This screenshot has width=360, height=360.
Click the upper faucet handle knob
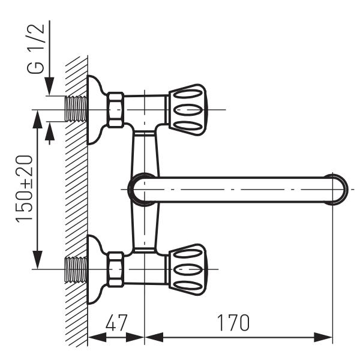188,109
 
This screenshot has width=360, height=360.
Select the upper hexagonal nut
115,110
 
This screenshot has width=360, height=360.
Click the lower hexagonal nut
115,269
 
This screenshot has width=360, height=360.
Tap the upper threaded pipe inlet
75,110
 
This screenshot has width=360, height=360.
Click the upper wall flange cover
95,110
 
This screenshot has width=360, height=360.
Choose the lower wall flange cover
95,268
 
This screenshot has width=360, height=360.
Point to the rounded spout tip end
337,189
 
